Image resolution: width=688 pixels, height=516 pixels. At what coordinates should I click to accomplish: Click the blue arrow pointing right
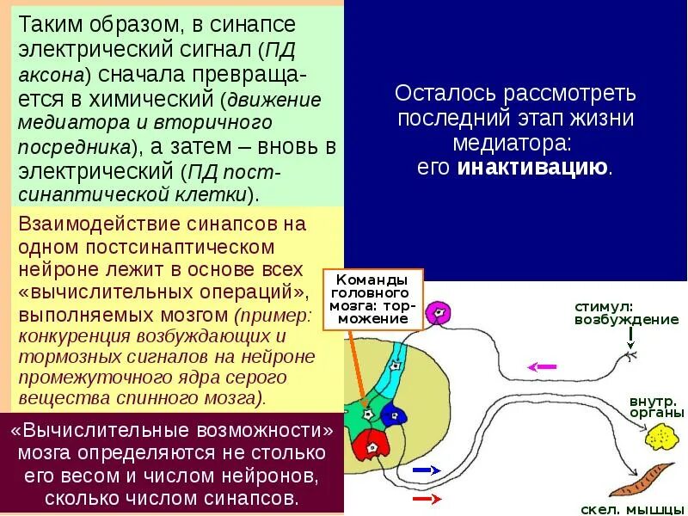tap(427, 470)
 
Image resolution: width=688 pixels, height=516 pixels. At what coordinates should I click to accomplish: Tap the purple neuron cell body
tap(439, 312)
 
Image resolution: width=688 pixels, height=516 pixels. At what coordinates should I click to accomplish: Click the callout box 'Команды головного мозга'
tap(373, 299)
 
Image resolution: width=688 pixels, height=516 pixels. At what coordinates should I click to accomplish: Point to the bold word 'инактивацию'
tap(533, 167)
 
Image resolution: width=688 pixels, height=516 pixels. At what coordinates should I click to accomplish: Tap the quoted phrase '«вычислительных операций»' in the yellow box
tap(160, 290)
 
